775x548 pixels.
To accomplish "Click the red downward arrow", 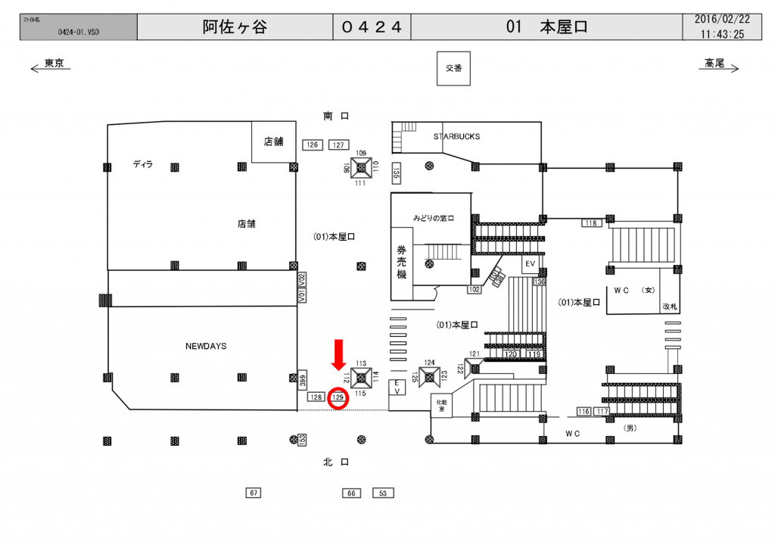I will [338, 354].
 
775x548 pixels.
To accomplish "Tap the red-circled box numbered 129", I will [338, 397].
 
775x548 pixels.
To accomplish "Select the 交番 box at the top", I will [453, 68].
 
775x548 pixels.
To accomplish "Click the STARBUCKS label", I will [456, 137].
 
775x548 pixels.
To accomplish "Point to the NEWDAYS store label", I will [206, 346].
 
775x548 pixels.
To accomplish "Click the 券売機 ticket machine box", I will [401, 262].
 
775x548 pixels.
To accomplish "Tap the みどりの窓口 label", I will [433, 218].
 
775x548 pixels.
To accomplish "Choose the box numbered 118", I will [590, 223].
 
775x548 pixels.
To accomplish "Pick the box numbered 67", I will [254, 493].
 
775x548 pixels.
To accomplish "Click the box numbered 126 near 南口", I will [312, 145].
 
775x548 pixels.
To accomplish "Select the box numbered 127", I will [338, 145].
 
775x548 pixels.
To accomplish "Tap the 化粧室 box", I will [440, 405].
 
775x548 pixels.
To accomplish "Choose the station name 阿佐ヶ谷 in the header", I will [235, 27].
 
